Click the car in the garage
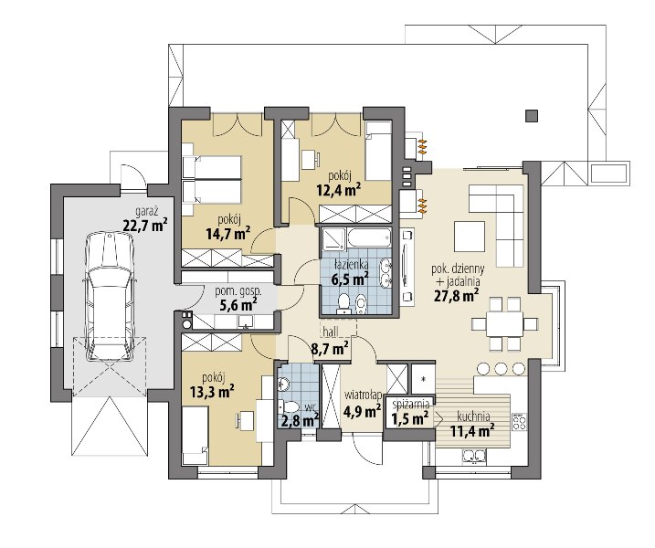(111, 298)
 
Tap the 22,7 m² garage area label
(145, 225)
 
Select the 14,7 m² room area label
(228, 234)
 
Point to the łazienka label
(352, 264)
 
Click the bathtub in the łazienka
(369, 238)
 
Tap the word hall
(331, 331)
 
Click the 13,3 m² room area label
(211, 392)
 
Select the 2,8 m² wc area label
(301, 420)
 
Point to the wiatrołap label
(363, 395)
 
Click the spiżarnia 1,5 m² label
(410, 412)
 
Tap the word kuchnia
(473, 416)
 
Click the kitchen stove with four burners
(519, 421)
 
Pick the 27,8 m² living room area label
(456, 295)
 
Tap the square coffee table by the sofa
(470, 237)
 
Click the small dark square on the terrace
(532, 115)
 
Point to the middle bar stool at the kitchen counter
(501, 368)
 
